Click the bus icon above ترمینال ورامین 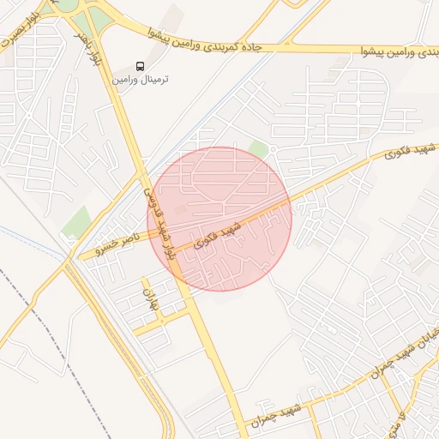coord(141,66)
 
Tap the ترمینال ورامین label coord(140,79)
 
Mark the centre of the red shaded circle coord(219,219)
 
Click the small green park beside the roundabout coord(258,150)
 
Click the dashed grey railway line coord(51,326)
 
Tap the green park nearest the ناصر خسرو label coord(76,222)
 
